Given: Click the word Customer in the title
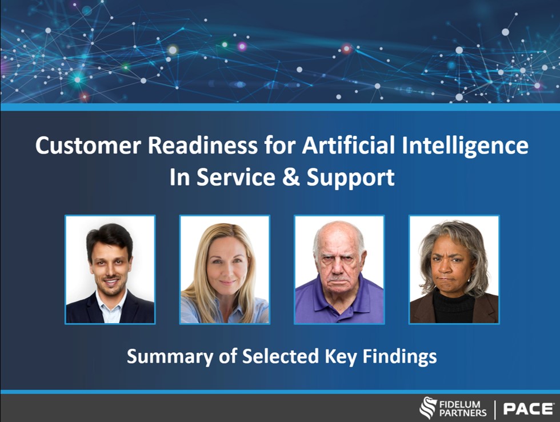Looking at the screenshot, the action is [88, 145].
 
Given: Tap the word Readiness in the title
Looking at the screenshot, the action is [202, 145].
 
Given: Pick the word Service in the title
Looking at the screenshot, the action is [235, 177].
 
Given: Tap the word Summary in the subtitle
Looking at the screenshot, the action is [169, 357].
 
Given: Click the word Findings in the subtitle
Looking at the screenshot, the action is [399, 357].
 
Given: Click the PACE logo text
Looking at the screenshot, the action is [528, 409].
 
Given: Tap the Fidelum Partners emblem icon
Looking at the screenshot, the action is [428, 408].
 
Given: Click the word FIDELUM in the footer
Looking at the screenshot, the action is [460, 404].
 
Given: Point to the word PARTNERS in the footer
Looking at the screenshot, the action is [463, 413].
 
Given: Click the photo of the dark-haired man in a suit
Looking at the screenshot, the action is [110, 270].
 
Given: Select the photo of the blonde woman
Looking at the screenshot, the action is [225, 270].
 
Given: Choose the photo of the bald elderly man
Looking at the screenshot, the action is [339, 270].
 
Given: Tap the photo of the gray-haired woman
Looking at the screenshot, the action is [454, 270].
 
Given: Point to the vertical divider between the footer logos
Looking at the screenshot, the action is [495, 409].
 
